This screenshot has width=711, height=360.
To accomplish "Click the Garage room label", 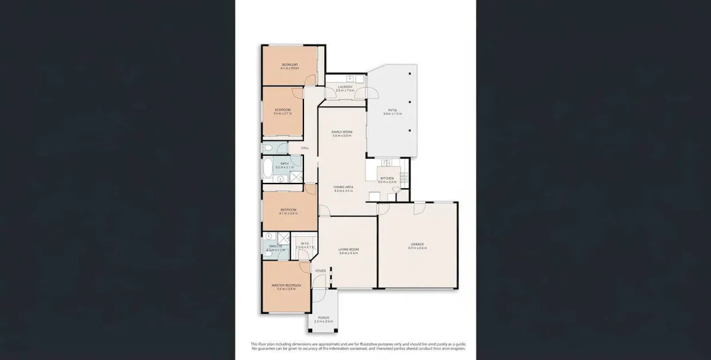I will (417, 244).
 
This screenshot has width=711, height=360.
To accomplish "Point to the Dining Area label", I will (343, 187).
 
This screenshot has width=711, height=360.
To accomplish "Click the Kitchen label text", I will (387, 178).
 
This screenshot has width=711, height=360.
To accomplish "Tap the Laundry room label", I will (345, 87).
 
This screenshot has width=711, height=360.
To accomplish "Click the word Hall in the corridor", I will (305, 148).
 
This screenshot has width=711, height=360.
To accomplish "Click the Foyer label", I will (321, 271).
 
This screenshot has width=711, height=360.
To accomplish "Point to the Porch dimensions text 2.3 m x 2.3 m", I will (323, 322).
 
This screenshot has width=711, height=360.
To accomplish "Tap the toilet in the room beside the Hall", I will (267, 147).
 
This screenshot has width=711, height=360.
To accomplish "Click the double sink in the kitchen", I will (385, 162).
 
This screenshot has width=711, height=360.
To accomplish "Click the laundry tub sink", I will (350, 78).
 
